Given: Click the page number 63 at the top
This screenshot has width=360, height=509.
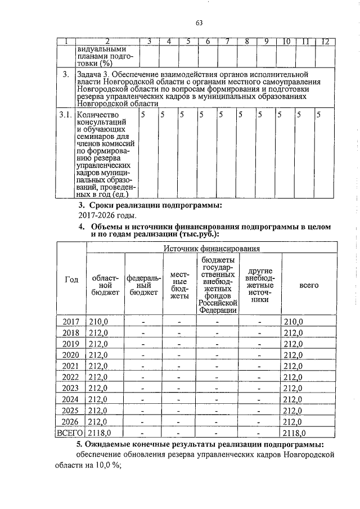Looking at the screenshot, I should coord(199,23).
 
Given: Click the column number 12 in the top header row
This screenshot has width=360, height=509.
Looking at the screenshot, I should coord(325,42).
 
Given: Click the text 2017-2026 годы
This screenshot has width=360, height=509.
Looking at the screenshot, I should coord(107,215).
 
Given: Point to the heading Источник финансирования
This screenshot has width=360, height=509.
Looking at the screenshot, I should coord(211,248).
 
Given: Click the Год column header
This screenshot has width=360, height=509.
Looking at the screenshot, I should coord(71,281).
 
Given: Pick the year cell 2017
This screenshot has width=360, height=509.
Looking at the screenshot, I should coord(71,322).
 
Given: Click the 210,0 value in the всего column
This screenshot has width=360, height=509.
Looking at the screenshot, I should coord(293,322).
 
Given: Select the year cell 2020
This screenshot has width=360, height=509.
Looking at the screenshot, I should coord(71,355).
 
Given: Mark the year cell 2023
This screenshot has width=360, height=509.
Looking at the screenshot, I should coord(71,388).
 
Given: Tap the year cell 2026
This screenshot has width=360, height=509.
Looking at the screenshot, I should coord(71,421).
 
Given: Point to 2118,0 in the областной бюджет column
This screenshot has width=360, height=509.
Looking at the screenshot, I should coord(101,433).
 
